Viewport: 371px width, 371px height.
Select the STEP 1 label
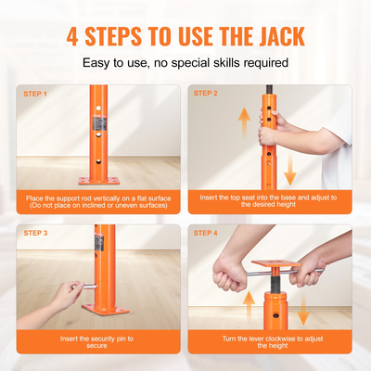tap(35, 94)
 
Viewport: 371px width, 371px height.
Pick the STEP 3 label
tap(35, 233)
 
